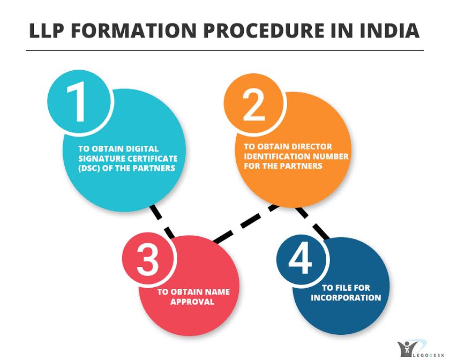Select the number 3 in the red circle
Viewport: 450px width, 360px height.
point(148,260)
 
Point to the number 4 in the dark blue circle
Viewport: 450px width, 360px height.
point(301,258)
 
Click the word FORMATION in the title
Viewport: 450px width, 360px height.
point(134,31)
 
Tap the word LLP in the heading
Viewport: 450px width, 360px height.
point(46,31)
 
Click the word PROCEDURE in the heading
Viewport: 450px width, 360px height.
point(264,31)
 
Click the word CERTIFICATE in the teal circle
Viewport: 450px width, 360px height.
point(152,159)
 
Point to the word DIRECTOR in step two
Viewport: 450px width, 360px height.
point(310,147)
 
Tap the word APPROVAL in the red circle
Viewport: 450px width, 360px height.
point(192,302)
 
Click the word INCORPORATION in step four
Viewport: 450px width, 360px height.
point(346,297)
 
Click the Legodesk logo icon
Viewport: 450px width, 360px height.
point(408,349)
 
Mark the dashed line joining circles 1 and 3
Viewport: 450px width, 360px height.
point(162,221)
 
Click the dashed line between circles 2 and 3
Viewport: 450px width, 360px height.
point(246,223)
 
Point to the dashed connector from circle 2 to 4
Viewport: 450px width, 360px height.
point(312,223)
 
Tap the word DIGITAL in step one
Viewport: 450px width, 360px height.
point(142,149)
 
